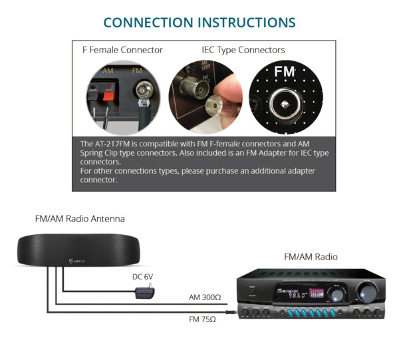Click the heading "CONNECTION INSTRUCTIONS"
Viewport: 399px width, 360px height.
click(199, 22)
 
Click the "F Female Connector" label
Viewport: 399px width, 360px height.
click(122, 50)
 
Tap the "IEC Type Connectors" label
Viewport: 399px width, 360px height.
click(243, 50)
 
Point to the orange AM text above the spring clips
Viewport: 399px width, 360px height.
click(108, 70)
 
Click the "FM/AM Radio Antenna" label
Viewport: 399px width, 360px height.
click(80, 218)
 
